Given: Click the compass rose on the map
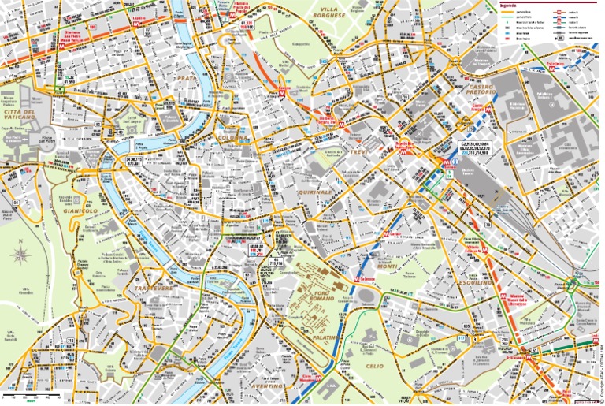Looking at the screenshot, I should pyautogui.click(x=23, y=255).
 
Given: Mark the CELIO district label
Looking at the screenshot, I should pyautogui.click(x=374, y=366).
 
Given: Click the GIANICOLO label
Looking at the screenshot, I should pyautogui.click(x=80, y=210).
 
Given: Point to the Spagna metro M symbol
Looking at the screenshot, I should pyautogui.click(x=282, y=92).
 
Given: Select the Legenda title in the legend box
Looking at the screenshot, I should pyautogui.click(x=509, y=6).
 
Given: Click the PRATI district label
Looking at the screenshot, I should pyautogui.click(x=187, y=79).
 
